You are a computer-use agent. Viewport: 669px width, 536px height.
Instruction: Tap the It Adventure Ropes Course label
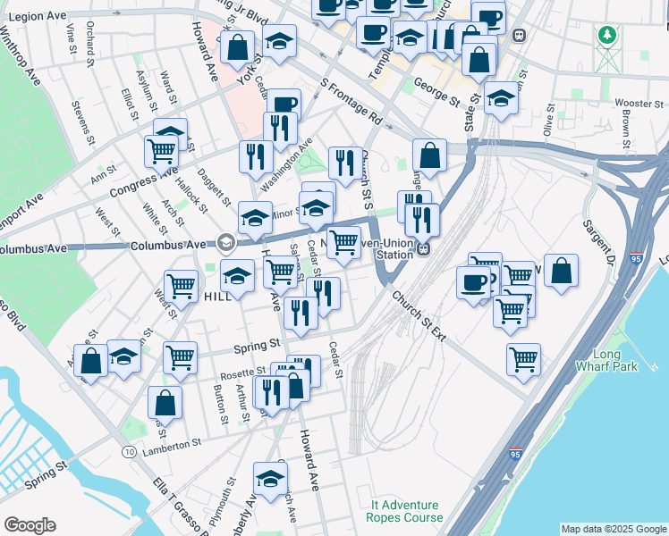pyautogui.click(x=405, y=511)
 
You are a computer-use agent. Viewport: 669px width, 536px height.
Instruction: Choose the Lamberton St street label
pyautogui.click(x=170, y=444)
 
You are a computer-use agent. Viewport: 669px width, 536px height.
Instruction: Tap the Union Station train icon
pyautogui.click(x=425, y=248)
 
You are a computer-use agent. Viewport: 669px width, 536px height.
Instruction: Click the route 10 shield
pyautogui.click(x=131, y=453)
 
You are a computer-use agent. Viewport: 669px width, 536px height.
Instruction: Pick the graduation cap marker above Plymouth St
pyautogui.click(x=269, y=478)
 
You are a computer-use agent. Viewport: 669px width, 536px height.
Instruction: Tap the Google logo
pyautogui.click(x=30, y=525)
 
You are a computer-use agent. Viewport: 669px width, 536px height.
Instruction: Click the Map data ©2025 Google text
pyautogui.click(x=613, y=529)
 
